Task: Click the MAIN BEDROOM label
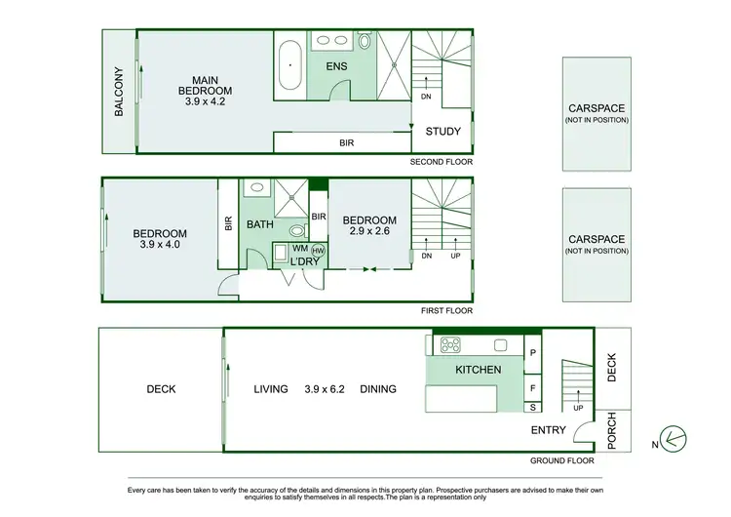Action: point(205,85)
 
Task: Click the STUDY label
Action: point(443,132)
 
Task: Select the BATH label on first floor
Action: point(260,225)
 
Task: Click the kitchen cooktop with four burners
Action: point(451,345)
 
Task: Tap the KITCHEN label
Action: point(478,370)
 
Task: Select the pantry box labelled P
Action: point(534,352)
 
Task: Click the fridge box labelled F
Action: point(534,388)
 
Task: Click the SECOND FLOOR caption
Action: point(442,161)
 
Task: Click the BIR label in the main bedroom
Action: point(346,142)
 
